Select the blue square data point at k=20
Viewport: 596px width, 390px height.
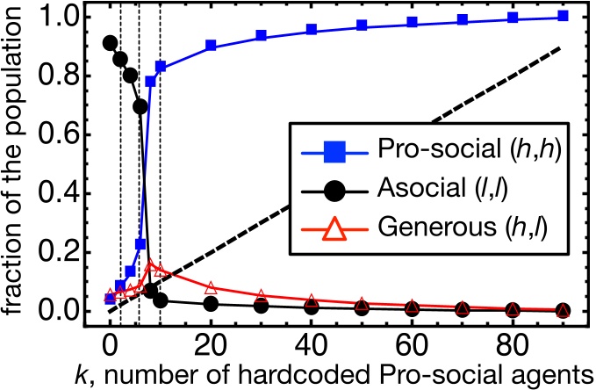click(x=211, y=46)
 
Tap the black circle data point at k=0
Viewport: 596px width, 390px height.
click(x=110, y=43)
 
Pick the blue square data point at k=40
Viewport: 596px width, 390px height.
click(x=312, y=30)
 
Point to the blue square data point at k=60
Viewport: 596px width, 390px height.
click(x=412, y=23)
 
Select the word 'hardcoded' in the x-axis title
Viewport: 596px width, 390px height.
click(x=296, y=370)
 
